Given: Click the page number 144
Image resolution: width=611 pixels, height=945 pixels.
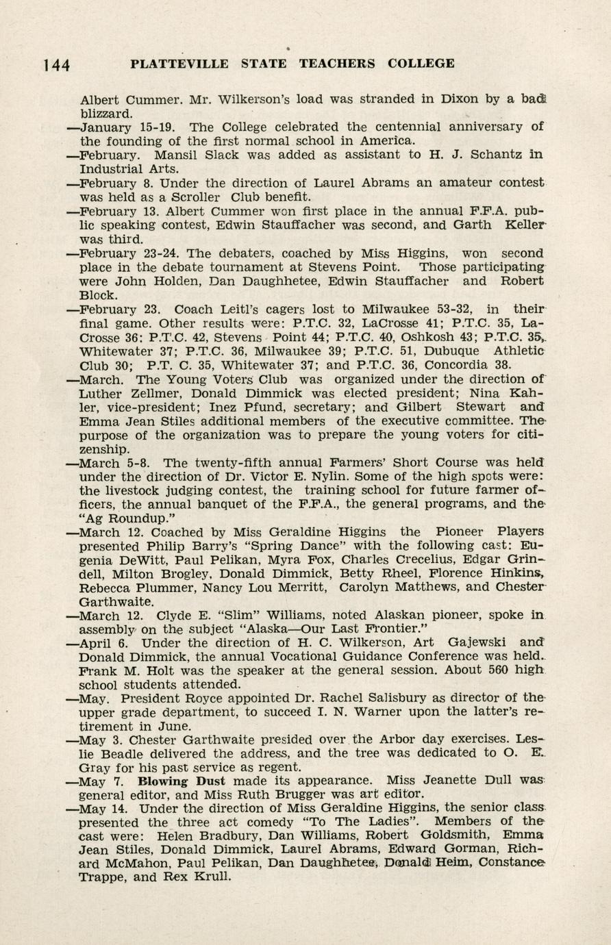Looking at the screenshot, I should pyautogui.click(x=56, y=65).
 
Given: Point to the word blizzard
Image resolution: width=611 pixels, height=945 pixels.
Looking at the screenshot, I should pyautogui.click(x=106, y=113).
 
